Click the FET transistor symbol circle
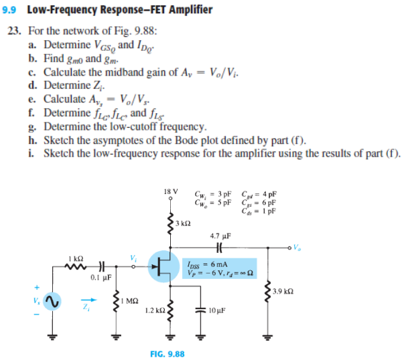(x=163, y=266)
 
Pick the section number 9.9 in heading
(x=13, y=9)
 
